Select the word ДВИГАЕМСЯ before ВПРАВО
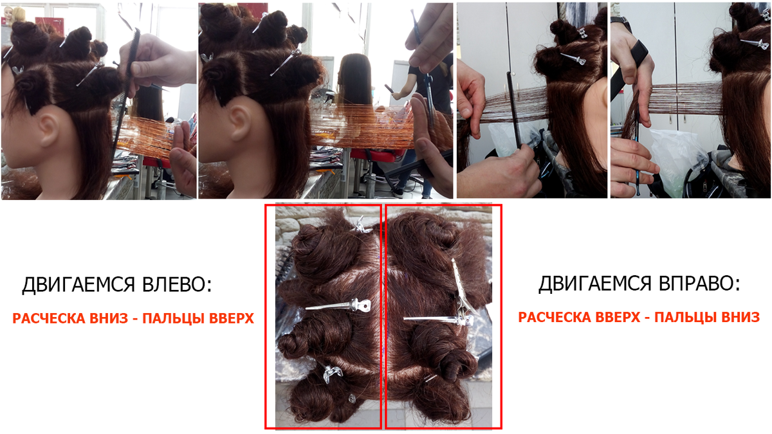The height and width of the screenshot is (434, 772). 595,284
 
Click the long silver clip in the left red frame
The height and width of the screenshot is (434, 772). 338,306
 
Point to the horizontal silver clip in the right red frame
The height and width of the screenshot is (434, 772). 438,320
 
